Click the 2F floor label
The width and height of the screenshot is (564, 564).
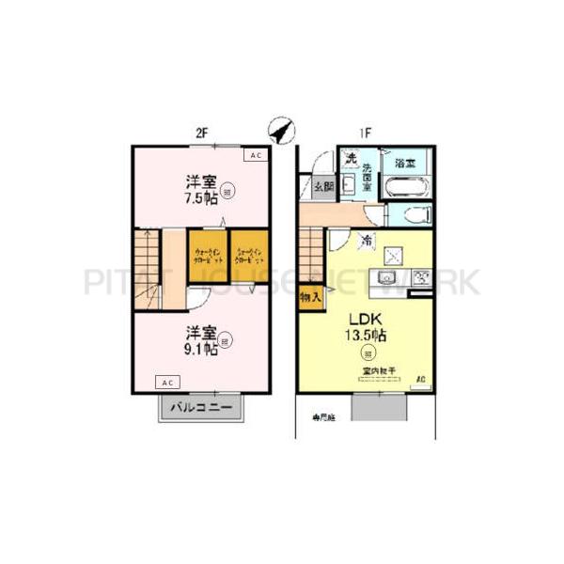click(x=200, y=133)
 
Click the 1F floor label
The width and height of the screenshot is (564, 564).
click(x=364, y=133)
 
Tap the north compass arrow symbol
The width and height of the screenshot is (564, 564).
click(x=279, y=129)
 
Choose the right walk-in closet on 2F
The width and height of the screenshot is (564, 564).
click(x=250, y=258)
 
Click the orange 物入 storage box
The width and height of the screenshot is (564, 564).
click(x=309, y=297)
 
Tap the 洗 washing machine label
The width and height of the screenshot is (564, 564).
click(x=350, y=157)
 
